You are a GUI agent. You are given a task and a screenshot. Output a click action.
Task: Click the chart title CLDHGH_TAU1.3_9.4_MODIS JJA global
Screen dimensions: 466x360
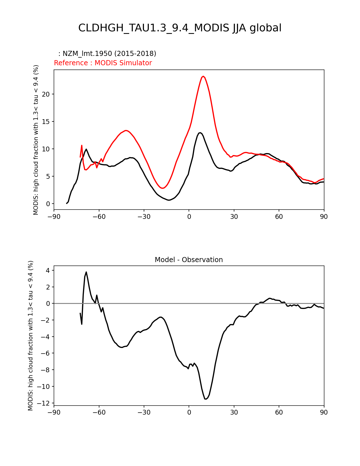click(x=180, y=28)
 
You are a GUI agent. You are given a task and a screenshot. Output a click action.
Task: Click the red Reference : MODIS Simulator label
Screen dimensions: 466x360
click(x=103, y=63)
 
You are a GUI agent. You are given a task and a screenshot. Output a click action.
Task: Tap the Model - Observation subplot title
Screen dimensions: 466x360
click(x=189, y=260)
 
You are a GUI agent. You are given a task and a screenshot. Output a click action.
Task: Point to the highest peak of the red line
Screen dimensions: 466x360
click(x=203, y=76)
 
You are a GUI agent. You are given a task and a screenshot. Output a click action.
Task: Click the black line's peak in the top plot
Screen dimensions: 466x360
click(x=200, y=132)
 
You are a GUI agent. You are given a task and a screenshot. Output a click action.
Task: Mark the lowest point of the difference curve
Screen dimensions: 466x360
click(x=206, y=399)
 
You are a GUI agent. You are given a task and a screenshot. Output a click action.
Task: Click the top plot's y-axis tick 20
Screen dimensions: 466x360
click(x=46, y=94)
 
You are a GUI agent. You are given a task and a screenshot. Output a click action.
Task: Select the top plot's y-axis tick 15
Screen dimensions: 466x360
click(x=46, y=122)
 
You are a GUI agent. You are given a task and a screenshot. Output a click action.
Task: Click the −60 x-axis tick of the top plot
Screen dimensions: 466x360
click(x=99, y=217)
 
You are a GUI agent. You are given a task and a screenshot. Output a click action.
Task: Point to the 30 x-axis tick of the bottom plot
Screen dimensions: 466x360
click(x=234, y=412)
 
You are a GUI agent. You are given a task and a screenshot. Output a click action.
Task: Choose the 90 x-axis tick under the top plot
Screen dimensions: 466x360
click(x=324, y=217)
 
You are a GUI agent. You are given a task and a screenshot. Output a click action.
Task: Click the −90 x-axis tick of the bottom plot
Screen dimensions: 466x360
click(x=54, y=412)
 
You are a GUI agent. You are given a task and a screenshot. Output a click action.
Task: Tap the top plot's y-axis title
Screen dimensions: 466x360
click(x=36, y=140)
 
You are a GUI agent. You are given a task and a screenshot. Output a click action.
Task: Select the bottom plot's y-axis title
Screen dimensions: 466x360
click(x=30, y=336)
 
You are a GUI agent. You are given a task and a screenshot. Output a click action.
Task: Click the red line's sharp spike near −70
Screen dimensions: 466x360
click(x=82, y=145)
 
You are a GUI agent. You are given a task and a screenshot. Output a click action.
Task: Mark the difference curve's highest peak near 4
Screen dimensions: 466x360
click(x=86, y=272)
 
